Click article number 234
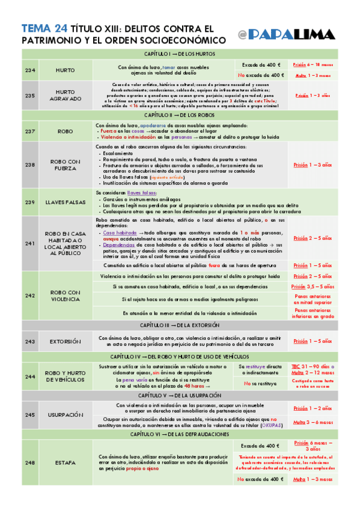[x=30, y=70]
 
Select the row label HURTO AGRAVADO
[x=65, y=95]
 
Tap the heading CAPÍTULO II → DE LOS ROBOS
[x=180, y=114]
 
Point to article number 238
[x=30, y=164]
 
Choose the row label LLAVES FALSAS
[x=65, y=203]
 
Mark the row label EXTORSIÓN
[x=65, y=342]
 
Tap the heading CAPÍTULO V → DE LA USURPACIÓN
[x=180, y=395]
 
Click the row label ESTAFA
[x=65, y=462]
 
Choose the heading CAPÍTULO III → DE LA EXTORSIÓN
[x=180, y=325]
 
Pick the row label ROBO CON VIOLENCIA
[x=65, y=296]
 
